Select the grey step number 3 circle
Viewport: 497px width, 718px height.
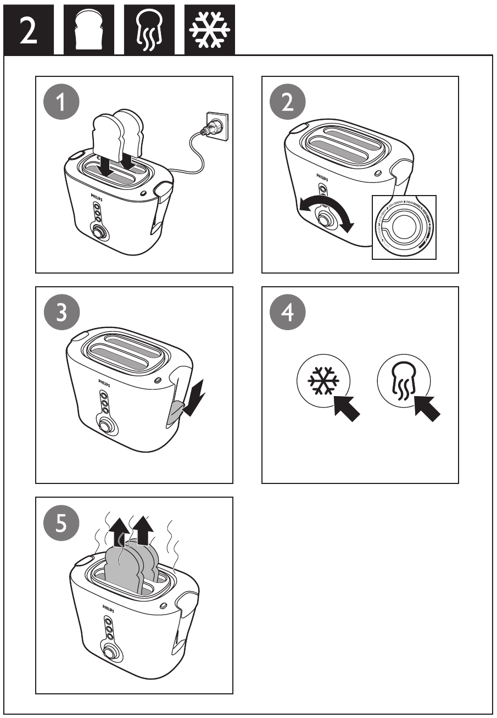(x=62, y=314)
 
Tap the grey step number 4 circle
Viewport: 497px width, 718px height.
(x=287, y=314)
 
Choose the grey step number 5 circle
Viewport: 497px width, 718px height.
(x=62, y=524)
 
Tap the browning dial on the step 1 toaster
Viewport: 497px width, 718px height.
(x=99, y=232)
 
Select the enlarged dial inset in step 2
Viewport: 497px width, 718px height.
(x=404, y=227)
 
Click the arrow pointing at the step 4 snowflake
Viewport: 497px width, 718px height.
(x=347, y=408)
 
